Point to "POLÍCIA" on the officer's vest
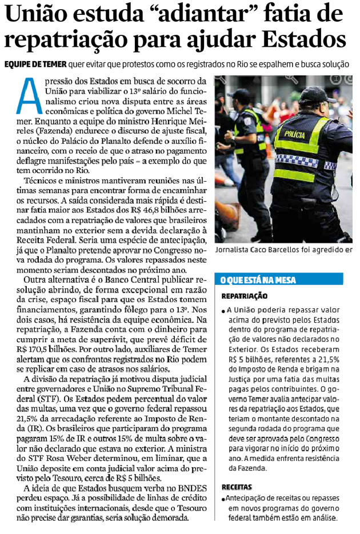[x=294, y=134]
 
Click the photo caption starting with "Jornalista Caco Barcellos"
[x=283, y=251]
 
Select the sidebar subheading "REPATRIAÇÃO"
[x=245, y=296]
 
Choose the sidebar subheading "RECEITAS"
[x=237, y=487]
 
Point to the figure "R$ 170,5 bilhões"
[x=40, y=348]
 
